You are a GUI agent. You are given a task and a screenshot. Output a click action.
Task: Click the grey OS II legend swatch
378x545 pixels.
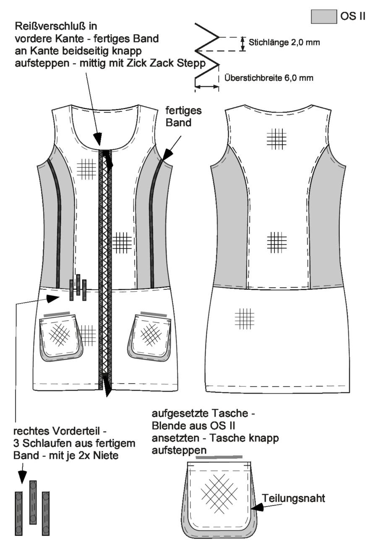[324, 16]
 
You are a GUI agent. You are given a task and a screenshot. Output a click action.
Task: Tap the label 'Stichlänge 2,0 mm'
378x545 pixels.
[284, 43]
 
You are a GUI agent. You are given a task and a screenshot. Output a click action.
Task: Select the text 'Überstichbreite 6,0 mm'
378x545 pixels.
[269, 78]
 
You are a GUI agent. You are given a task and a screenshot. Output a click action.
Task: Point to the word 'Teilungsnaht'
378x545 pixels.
[293, 498]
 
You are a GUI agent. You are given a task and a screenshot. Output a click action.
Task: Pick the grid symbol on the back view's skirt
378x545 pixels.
[245, 319]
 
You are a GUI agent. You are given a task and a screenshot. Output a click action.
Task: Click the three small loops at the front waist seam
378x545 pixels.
[78, 288]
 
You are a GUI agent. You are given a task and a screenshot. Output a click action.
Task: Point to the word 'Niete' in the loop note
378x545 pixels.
[107, 455]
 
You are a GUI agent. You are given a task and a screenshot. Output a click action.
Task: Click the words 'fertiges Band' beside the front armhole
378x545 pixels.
[184, 117]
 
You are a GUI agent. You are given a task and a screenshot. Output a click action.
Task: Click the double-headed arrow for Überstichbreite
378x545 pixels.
[207, 86]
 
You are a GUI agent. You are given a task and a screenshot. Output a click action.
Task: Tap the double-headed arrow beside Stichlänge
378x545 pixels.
[242, 44]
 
